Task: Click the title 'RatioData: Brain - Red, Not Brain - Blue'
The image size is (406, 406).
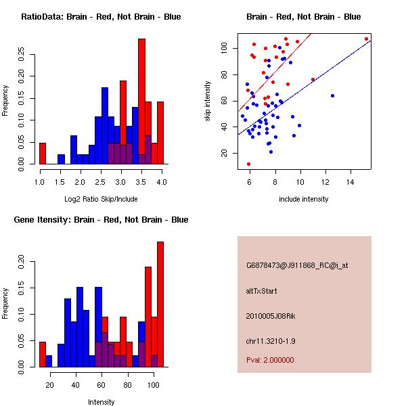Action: coord(101,17)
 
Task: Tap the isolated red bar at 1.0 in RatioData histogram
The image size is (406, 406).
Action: coord(43,154)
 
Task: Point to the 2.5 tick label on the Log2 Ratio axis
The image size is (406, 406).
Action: coord(100,182)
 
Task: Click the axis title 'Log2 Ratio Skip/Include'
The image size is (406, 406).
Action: coord(101,199)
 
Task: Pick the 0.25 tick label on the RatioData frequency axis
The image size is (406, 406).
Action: coord(21,54)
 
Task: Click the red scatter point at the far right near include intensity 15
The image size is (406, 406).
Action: coord(366,39)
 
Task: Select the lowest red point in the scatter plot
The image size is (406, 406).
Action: coord(248,164)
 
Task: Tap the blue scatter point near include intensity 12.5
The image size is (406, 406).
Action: coord(332,96)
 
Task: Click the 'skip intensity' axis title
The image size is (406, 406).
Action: coord(208,101)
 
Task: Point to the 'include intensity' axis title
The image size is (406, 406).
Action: coord(303,199)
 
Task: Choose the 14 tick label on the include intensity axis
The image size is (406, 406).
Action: coord(351,182)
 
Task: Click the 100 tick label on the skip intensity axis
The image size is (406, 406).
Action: coord(224,48)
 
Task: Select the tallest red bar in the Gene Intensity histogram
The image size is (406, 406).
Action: coord(160,304)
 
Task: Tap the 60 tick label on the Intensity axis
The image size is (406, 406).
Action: coord(101,385)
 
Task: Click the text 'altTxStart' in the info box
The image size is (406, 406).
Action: coord(261,291)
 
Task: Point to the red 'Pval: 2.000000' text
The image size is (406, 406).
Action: coord(270,360)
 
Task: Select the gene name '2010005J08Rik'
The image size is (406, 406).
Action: coord(271,316)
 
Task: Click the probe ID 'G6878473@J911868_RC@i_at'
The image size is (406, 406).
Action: coord(297,266)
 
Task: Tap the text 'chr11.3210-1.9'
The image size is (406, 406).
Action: coord(271,341)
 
